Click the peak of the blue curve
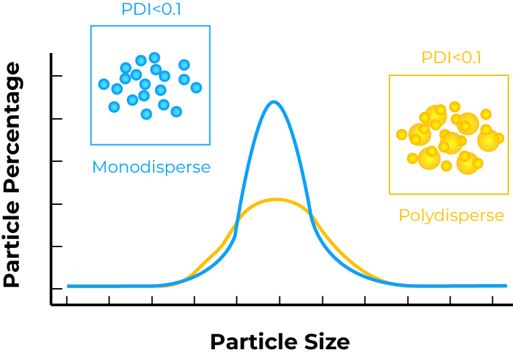[x=273, y=103]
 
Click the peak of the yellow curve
[x=275, y=199]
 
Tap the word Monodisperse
[x=151, y=167]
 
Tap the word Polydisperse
[x=451, y=216]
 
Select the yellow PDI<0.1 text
[x=451, y=57]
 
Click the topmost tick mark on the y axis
[x=56, y=77]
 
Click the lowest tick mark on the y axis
[x=56, y=289]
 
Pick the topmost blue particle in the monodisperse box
[x=154, y=58]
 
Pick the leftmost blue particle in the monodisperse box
[x=104, y=84]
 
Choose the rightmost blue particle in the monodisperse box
[x=196, y=87]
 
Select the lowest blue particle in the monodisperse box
[x=146, y=114]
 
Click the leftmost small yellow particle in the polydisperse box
[x=402, y=134]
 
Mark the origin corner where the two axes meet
[x=52, y=305]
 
